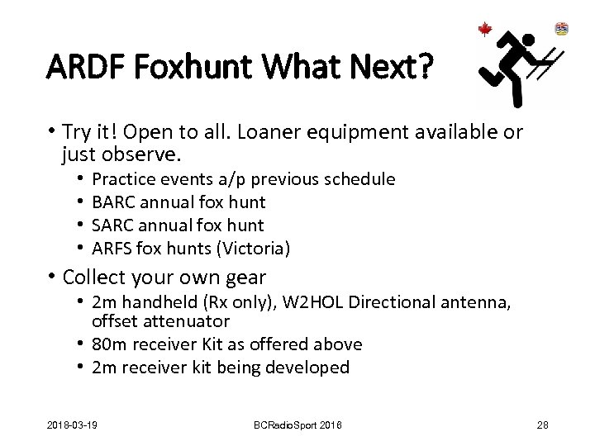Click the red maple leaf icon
tap(485, 30)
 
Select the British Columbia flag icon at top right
tap(562, 29)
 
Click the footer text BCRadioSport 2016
tap(297, 425)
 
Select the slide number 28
tap(543, 425)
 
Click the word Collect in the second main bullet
tap(93, 277)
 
